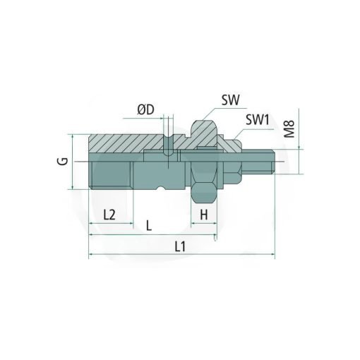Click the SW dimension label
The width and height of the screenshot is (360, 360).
(230, 100)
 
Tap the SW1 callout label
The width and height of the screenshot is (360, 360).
(258, 120)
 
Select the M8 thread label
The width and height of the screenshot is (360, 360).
(289, 128)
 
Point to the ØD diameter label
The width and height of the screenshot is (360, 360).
(146, 110)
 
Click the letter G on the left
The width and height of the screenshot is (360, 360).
(63, 161)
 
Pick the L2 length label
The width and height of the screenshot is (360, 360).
(109, 215)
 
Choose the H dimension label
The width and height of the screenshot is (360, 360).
(204, 215)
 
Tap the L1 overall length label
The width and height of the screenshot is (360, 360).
(180, 247)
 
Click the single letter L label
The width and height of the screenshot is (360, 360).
(149, 226)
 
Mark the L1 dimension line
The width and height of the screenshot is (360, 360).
(181, 254)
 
